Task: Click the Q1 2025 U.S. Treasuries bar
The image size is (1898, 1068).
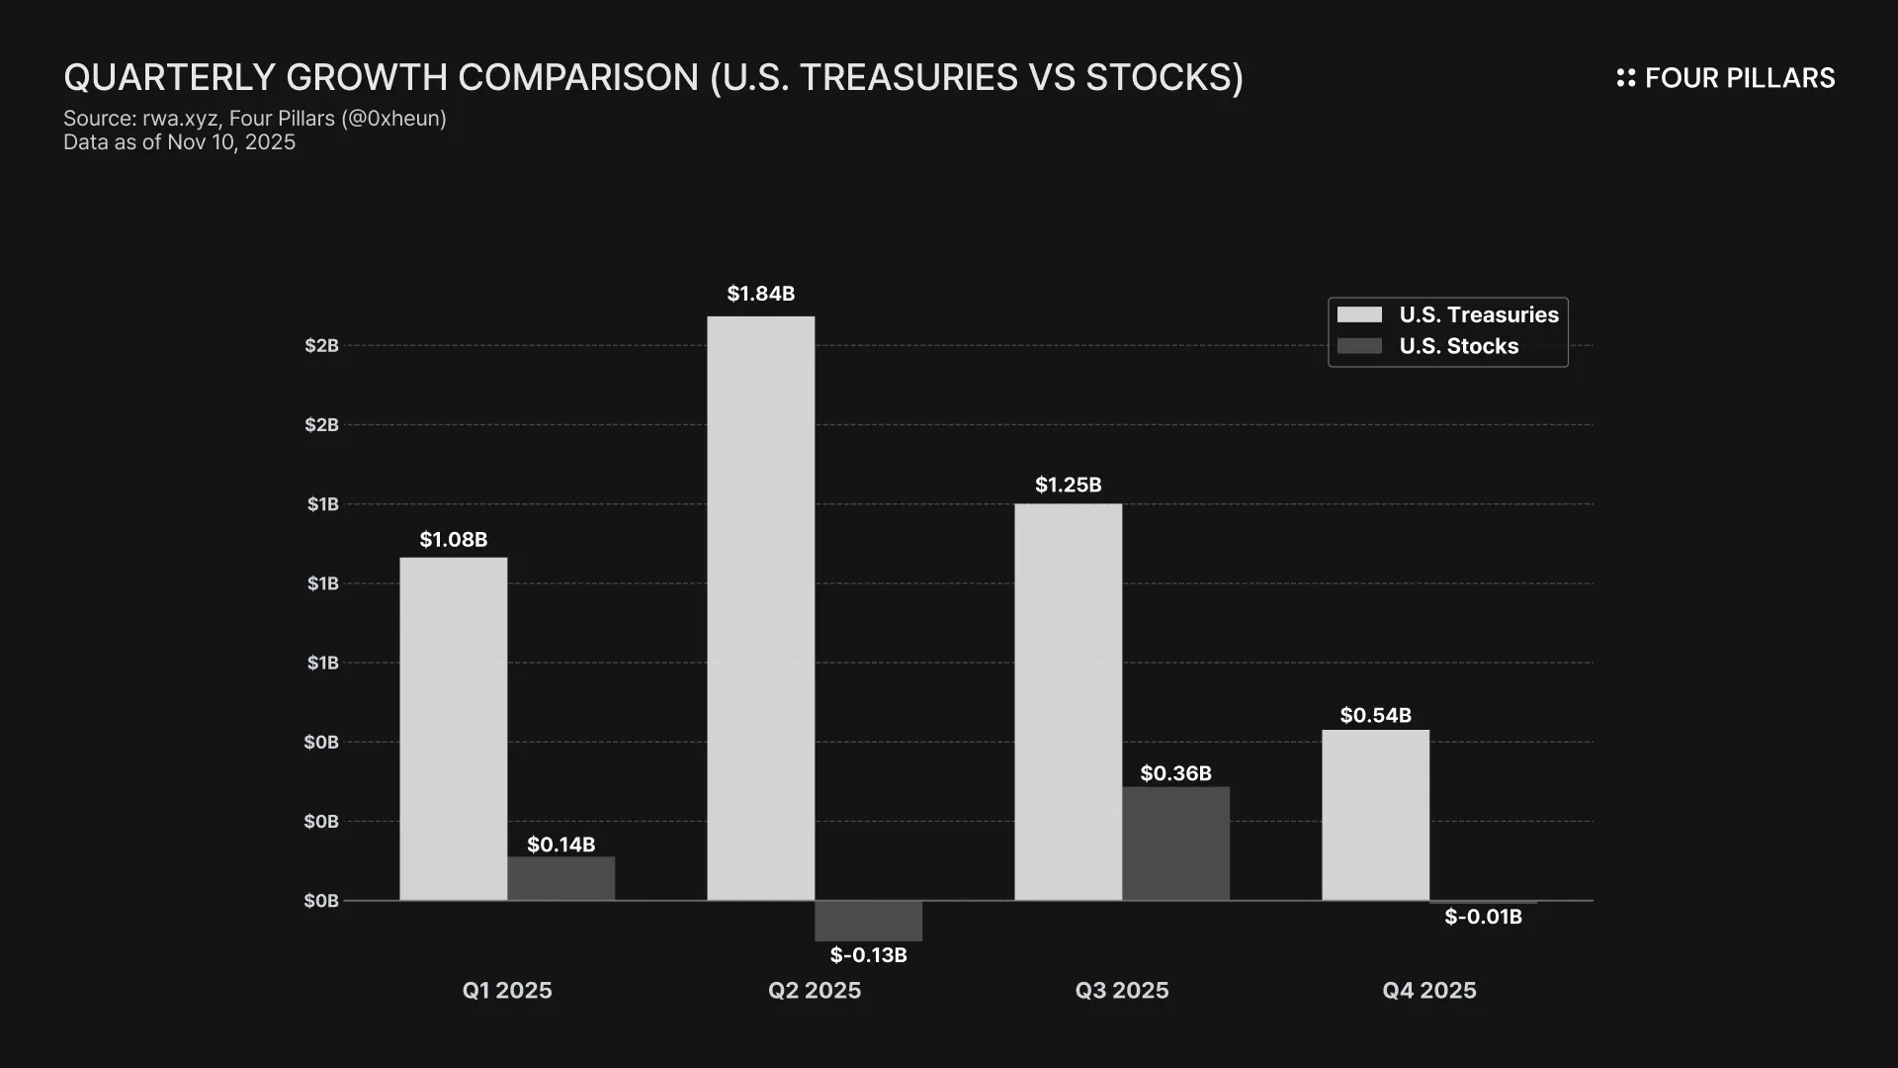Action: pyautogui.click(x=453, y=729)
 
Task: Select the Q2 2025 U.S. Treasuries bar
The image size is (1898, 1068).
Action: pyautogui.click(x=760, y=608)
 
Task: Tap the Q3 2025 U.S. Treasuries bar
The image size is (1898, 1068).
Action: pyautogui.click(x=1068, y=702)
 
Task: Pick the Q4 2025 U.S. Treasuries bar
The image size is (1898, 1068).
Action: pyautogui.click(x=1375, y=815)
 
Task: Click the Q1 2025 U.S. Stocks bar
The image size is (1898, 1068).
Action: pyautogui.click(x=561, y=878)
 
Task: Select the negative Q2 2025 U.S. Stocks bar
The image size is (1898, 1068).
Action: pyautogui.click(x=868, y=921)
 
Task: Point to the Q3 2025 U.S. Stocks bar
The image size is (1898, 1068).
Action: pyautogui.click(x=1175, y=844)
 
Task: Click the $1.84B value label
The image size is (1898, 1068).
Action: pyautogui.click(x=760, y=294)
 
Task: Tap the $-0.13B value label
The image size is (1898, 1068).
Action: pyautogui.click(x=868, y=955)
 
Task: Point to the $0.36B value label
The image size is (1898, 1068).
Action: pyautogui.click(x=1175, y=773)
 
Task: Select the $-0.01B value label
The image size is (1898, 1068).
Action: pyautogui.click(x=1483, y=917)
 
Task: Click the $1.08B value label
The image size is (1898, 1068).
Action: pyautogui.click(x=453, y=540)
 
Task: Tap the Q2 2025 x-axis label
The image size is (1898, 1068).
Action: pyautogui.click(x=815, y=991)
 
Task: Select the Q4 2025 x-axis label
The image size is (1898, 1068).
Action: pyautogui.click(x=1428, y=991)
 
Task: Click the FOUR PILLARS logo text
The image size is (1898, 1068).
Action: pyautogui.click(x=1739, y=78)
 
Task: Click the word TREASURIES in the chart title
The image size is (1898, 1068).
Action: pyautogui.click(x=908, y=77)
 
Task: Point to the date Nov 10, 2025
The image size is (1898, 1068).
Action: pyautogui.click(x=231, y=142)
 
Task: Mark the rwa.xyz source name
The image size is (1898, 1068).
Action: pyautogui.click(x=179, y=119)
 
